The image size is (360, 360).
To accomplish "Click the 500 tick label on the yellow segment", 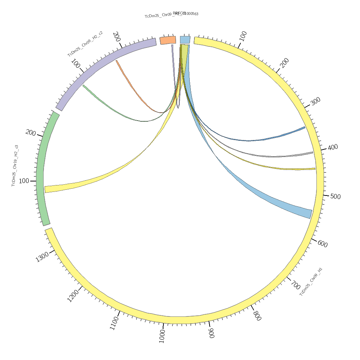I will (335, 197).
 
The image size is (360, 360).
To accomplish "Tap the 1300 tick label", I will (42, 257).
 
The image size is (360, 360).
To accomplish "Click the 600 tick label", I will (323, 244).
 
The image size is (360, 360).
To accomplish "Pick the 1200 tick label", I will (73, 296).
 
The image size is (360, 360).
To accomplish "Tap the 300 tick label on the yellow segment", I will (315, 102).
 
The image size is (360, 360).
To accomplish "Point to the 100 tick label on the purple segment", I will (75, 64).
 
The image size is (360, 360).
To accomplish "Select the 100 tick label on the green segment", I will (24, 181).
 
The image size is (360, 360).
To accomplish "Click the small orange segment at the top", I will (168, 40).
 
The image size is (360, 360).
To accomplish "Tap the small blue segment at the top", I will (185, 40).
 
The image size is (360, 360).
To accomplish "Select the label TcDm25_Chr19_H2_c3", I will (15, 166).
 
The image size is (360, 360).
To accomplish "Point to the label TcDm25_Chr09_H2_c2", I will (85, 44).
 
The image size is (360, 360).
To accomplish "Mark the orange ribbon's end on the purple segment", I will (117, 61).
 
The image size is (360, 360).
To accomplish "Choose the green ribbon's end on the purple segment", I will (84, 86).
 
